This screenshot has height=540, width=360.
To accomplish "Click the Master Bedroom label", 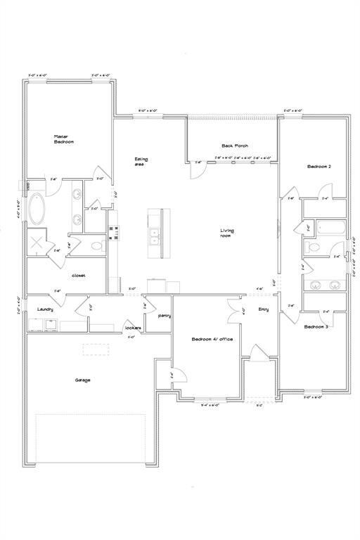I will click(64, 139).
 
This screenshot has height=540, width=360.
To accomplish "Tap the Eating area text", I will click(141, 162).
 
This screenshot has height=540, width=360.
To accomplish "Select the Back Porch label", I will click(232, 146).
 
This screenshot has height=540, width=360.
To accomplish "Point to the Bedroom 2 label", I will click(319, 167).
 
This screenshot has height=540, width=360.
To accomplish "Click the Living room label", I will click(227, 233).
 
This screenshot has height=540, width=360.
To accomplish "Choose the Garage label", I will click(83, 380).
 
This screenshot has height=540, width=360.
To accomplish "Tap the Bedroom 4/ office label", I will click(212, 340).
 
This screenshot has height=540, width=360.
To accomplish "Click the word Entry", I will click(264, 309).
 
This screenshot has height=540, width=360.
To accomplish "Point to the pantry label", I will click(165, 316).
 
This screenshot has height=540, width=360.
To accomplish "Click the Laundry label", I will click(46, 309).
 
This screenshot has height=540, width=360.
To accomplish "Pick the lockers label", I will click(132, 328).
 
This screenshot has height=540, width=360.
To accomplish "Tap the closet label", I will click(79, 275).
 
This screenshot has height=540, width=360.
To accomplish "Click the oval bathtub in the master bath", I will click(37, 210).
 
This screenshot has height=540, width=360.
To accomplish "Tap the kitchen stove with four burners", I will click(113, 233).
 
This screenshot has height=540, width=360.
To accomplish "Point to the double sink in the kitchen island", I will click(154, 237).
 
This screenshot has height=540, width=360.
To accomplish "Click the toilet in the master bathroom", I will click(97, 246).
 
